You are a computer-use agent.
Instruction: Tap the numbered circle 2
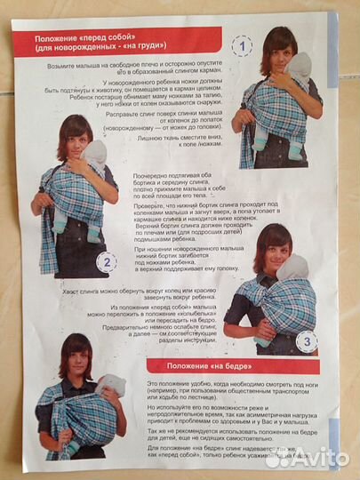click(106, 261)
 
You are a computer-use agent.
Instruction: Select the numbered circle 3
click(305, 340)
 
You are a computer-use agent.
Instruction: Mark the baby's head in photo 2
click(94, 154)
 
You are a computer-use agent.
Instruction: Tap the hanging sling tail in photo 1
click(246, 142)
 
